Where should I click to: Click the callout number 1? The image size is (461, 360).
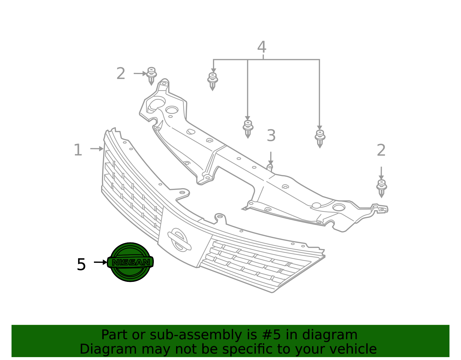[78, 150]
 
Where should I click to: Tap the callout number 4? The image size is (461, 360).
[262, 47]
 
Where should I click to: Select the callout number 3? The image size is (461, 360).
[271, 135]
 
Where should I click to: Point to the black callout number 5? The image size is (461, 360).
[81, 264]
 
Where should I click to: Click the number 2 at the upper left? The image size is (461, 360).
[121, 73]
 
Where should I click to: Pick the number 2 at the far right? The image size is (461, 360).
[381, 150]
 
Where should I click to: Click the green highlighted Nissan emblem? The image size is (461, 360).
[130, 262]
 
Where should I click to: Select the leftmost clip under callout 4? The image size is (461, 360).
[213, 82]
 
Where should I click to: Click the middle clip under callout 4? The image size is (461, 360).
[248, 129]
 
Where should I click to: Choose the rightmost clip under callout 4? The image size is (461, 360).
[320, 139]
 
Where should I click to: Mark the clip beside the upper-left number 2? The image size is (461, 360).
[152, 76]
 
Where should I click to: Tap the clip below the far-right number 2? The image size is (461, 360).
[382, 189]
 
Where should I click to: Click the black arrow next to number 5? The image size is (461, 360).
[101, 262]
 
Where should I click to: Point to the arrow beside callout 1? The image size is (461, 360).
[97, 149]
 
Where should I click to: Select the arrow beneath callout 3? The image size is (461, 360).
[271, 158]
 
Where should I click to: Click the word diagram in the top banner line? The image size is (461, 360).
[330, 335]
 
